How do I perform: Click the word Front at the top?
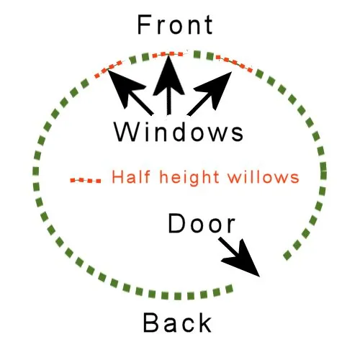click(x=175, y=24)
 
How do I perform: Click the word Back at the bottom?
click(x=177, y=323)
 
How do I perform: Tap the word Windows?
click(x=179, y=132)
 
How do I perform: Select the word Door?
click(x=202, y=223)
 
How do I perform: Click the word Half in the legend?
click(x=131, y=176)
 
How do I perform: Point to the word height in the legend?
click(x=189, y=178)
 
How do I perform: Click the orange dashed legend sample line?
click(x=86, y=180)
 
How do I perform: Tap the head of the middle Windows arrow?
click(x=168, y=76)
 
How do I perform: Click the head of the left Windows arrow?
click(x=124, y=87)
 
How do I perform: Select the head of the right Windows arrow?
click(x=215, y=89)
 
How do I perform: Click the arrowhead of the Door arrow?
click(x=243, y=261)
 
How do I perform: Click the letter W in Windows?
click(x=126, y=132)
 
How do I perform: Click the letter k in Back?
click(x=205, y=323)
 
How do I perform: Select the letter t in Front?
click(x=209, y=25)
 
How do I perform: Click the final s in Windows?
click(x=238, y=135)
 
